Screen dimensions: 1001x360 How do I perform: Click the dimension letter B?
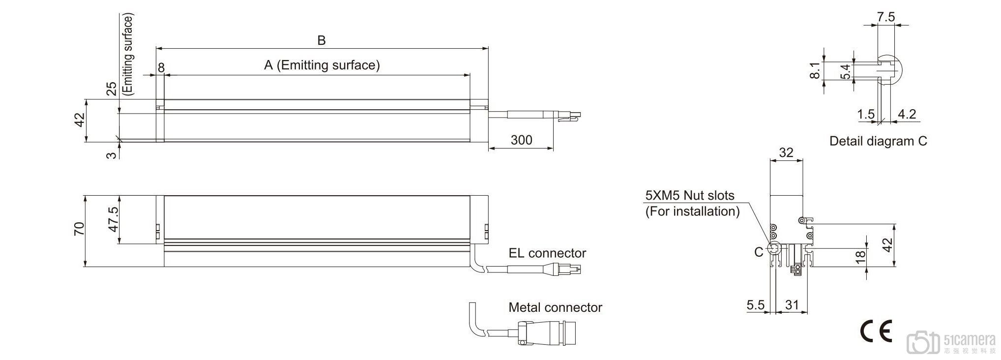tap(322, 40)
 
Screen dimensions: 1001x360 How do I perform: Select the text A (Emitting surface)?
tap(322, 65)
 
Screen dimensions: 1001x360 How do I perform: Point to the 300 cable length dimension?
tap(521, 140)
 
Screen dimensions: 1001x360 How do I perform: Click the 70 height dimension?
tap(79, 229)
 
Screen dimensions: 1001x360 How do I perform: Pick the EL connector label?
tap(547, 253)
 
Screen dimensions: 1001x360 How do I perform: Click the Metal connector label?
tap(555, 307)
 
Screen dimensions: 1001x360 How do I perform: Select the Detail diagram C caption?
tap(878, 141)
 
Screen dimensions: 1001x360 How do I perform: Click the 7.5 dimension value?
tap(886, 17)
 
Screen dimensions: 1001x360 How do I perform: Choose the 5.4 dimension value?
tap(845, 72)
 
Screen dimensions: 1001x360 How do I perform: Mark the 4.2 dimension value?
tap(907, 114)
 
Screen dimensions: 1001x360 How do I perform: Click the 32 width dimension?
tap(786, 152)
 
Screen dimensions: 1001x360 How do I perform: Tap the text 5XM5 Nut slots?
tap(690, 195)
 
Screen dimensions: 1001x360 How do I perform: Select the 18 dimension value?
tap(860, 257)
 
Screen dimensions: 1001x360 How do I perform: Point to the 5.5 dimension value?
tap(756, 305)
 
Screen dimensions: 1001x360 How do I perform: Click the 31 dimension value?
tap(792, 305)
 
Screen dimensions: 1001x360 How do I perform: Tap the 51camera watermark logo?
tap(951, 342)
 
